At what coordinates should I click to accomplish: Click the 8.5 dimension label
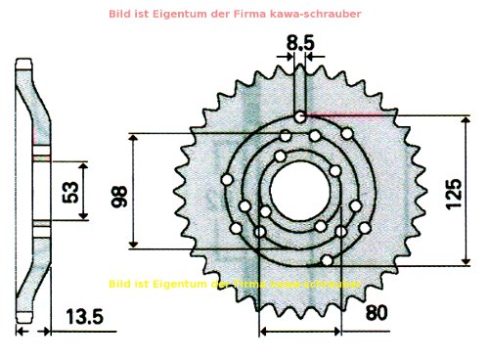pyautogui.click(x=301, y=43)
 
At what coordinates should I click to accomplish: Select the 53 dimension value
pyautogui.click(x=70, y=192)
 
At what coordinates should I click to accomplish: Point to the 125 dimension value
pyautogui.click(x=452, y=196)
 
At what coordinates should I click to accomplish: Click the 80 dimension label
pyautogui.click(x=377, y=313)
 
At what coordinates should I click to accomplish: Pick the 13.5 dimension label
pyautogui.click(x=84, y=316)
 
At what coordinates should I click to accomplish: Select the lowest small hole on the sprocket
pyautogui.click(x=327, y=260)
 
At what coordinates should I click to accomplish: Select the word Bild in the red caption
pyautogui.click(x=151, y=15)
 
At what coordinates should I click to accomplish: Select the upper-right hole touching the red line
pyautogui.click(x=347, y=133)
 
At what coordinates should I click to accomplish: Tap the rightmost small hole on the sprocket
pyautogui.click(x=365, y=227)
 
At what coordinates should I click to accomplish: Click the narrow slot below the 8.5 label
pyautogui.click(x=301, y=93)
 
